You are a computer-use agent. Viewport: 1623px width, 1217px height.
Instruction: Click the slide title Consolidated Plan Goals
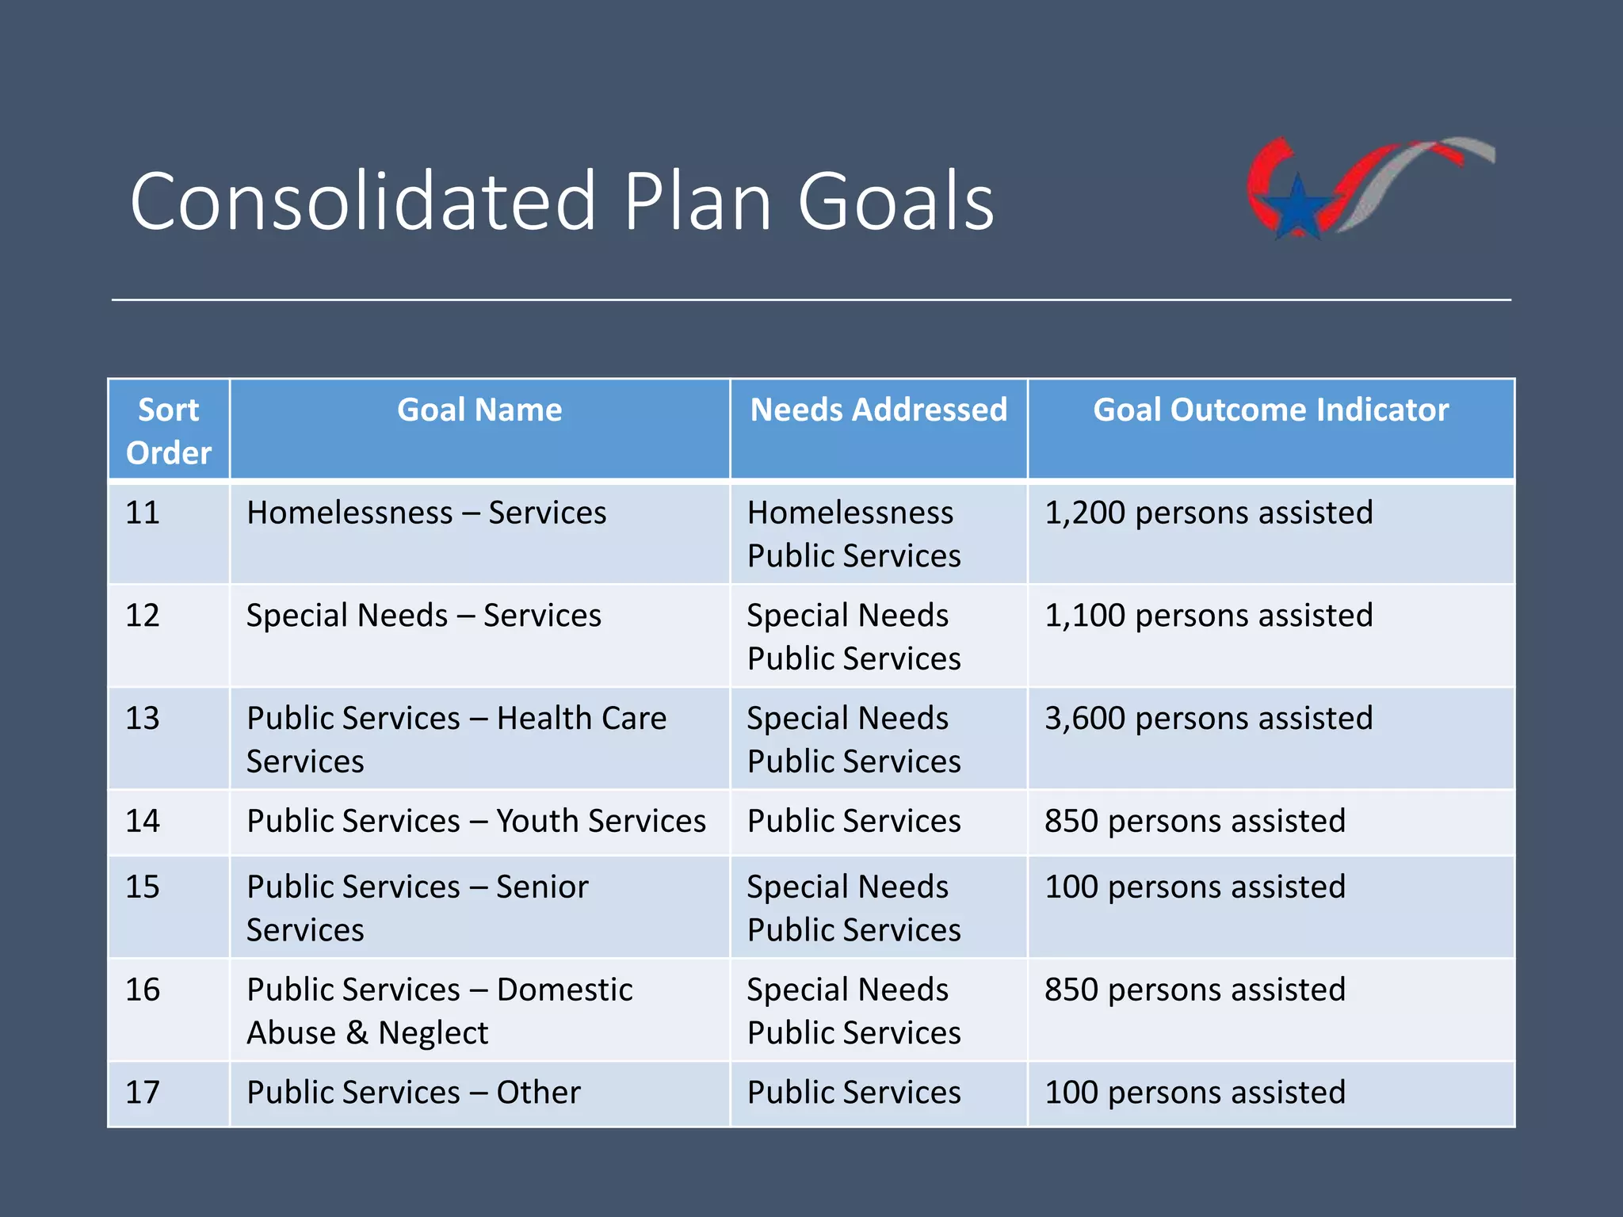coord(561,201)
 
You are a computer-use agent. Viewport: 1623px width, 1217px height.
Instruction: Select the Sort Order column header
coord(169,430)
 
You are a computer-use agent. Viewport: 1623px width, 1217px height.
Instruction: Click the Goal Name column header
coord(479,410)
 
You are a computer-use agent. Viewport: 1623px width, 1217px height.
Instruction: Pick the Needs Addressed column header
coord(878,410)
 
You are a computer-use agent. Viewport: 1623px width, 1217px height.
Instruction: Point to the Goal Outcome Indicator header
coord(1270,410)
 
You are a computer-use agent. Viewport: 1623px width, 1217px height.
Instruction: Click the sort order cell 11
coord(143,513)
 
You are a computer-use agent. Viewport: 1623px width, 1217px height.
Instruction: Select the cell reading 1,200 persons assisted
coord(1208,513)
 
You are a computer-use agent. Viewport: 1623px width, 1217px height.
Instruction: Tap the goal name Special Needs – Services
coord(423,616)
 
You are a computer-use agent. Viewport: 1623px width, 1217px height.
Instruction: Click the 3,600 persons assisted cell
coord(1208,719)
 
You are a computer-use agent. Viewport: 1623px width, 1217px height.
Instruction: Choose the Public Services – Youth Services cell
coord(475,821)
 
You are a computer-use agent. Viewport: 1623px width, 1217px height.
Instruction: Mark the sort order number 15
coord(143,887)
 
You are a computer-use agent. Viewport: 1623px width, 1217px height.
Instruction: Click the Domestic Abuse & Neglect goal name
coord(440,1011)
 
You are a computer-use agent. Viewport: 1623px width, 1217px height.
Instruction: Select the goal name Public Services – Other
coord(413,1093)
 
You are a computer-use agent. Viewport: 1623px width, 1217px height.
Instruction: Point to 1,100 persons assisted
coord(1208,616)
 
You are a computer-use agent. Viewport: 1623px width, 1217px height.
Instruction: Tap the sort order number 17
coord(143,1093)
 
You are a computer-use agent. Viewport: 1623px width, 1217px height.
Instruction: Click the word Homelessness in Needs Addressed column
coord(850,513)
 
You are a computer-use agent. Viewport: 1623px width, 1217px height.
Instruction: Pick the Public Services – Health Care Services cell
coord(456,739)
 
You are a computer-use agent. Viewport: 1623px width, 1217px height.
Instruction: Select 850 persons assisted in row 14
coord(1194,821)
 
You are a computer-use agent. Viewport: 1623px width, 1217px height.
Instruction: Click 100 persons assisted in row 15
coord(1194,887)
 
